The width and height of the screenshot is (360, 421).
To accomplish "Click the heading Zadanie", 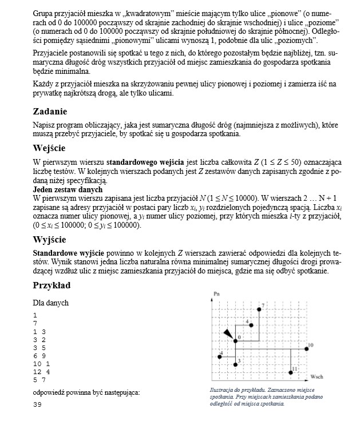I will click(50, 112).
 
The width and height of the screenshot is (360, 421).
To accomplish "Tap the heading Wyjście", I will click(50, 239).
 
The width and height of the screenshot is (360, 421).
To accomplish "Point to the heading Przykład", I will click(52, 285).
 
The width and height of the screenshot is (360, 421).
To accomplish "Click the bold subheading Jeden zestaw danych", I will click(68, 189).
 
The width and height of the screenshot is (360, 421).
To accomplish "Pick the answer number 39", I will click(37, 404).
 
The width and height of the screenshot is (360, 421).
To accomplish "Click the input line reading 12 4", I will click(42, 371).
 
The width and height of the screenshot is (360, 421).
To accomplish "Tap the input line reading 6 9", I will click(39, 355).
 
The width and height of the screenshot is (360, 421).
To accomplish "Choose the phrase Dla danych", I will click(51, 302).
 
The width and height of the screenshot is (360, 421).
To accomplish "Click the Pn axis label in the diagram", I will click(216, 294).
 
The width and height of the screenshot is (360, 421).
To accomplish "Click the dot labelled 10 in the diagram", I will click(305, 347).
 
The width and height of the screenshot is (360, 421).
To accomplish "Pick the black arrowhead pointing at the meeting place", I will click(228, 334).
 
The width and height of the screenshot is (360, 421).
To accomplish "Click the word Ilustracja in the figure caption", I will click(222, 391).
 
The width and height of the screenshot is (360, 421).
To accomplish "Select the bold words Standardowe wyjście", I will click(64, 252).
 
